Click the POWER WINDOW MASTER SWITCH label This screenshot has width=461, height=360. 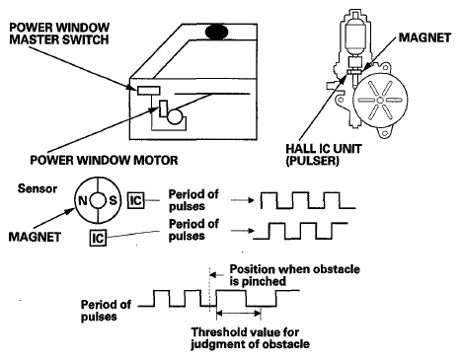click(59, 34)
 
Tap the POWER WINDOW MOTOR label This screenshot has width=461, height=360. click(104, 160)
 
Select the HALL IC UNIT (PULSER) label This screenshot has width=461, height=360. click(324, 155)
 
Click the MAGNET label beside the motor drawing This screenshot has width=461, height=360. click(424, 37)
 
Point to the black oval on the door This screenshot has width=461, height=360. click(216, 33)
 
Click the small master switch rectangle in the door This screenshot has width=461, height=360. click(149, 90)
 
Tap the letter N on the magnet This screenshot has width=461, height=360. click(83, 200)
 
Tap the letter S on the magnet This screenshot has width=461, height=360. click(113, 200)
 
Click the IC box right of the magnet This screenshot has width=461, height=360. click(136, 200)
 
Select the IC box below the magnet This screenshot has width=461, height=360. click(98, 238)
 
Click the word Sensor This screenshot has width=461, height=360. click(38, 188)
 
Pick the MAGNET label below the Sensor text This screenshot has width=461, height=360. click(35, 237)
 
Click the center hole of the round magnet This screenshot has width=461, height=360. click(98, 200)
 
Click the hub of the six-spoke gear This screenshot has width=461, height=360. click(380, 100)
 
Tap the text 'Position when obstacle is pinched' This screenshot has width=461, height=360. click(294, 275)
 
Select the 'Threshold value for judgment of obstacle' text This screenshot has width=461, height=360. click(251, 338)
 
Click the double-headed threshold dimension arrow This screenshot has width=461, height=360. click(239, 314)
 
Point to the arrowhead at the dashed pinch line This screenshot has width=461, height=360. click(213, 274)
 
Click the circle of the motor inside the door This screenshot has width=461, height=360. click(175, 116)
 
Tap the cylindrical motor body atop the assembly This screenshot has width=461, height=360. click(355, 36)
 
